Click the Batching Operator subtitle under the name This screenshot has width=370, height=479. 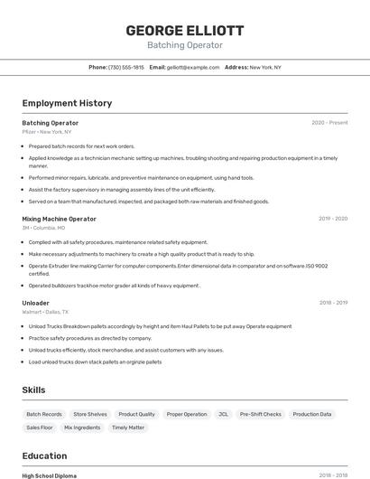185,44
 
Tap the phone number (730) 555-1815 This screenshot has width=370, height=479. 125,67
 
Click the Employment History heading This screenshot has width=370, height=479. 67,103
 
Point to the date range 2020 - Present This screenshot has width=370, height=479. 329,123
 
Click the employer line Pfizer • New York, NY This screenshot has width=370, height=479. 47,132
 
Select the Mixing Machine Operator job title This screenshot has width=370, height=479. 59,219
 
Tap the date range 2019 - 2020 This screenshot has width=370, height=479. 333,219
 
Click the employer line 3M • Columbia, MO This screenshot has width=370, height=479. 45,228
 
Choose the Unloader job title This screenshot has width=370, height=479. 36,303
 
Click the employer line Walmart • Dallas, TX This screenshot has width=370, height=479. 45,312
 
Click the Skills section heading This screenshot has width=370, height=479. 34,390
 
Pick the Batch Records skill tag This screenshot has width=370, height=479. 44,414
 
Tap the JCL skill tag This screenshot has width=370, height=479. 223,414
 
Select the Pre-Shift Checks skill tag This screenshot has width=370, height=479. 260,414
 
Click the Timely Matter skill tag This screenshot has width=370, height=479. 128,427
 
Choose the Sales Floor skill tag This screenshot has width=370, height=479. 40,427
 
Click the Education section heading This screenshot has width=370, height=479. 44,456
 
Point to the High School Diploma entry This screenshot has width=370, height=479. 50,475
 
